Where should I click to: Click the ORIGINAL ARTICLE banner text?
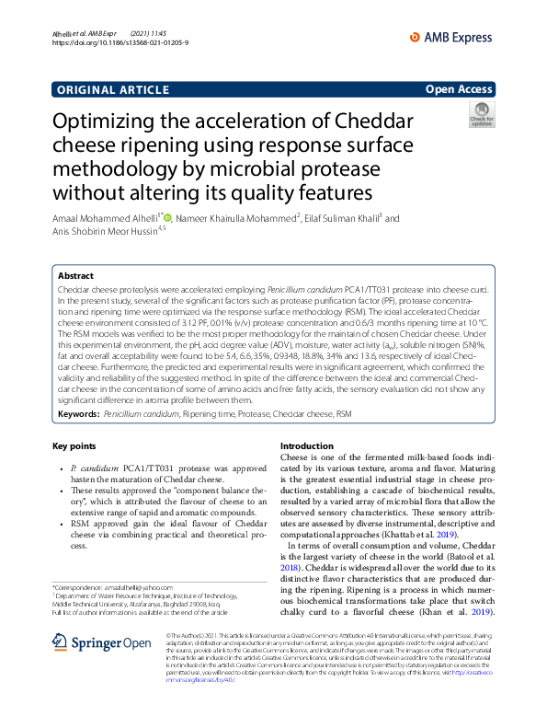pyautogui.click(x=112, y=89)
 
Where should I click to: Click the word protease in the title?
pyautogui.click(x=327, y=169)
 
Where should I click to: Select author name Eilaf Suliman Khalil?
pyautogui.click(x=342, y=219)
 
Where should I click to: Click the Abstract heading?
pyautogui.click(x=75, y=275)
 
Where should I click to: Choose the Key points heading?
pyautogui.click(x=74, y=446)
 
